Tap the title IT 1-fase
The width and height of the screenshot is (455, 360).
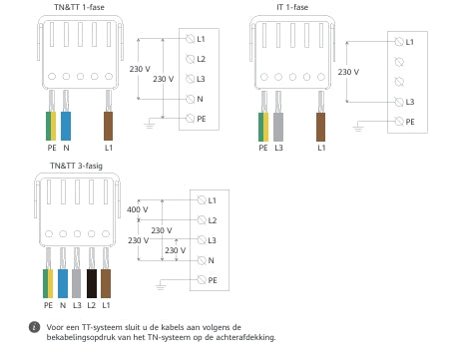click(291, 8)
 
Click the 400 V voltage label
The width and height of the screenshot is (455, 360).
click(137, 209)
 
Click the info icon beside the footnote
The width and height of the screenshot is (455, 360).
click(34, 327)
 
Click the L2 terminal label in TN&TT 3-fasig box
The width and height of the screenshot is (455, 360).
click(212, 220)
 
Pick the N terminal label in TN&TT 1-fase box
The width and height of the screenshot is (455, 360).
click(201, 99)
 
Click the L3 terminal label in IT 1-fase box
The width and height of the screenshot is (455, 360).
click(410, 102)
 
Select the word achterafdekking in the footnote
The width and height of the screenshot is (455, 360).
click(244, 337)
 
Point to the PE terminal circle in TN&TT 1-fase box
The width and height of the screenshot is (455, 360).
click(190, 119)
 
